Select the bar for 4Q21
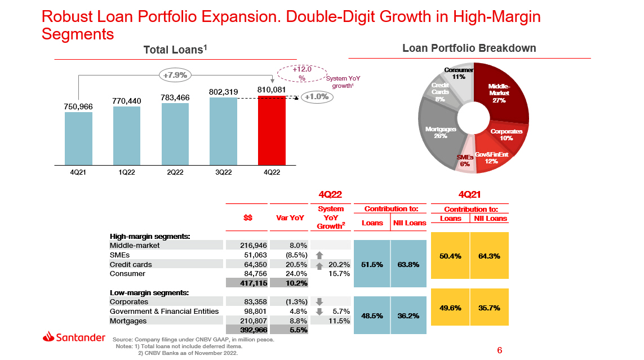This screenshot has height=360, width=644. point(78,138)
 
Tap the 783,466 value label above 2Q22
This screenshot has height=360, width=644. point(175,97)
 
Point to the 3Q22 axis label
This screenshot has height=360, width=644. point(224,172)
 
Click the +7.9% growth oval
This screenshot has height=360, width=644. point(176,74)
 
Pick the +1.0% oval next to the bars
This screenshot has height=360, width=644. point(317,97)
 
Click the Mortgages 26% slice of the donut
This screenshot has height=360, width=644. point(437,132)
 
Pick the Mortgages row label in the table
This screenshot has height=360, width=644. point(128,321)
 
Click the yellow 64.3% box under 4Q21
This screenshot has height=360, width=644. point(489,256)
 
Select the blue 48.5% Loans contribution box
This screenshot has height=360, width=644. point(372,315)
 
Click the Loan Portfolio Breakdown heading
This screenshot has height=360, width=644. point(469,48)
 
